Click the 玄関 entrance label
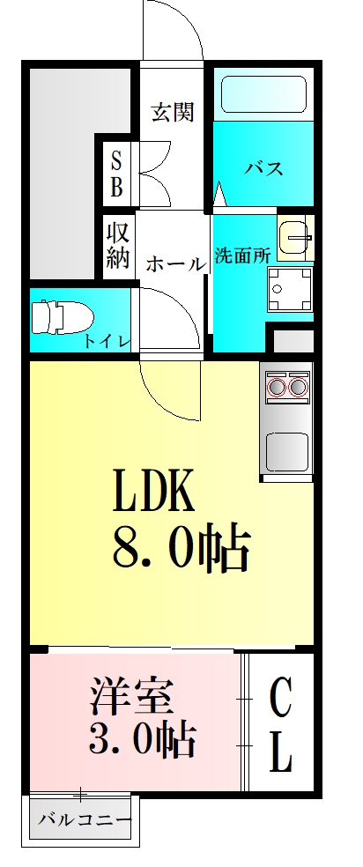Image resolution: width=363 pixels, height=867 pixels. click(x=172, y=113)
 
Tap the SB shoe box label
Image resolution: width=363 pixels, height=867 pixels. click(x=116, y=173)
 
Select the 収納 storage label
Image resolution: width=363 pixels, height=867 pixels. click(x=118, y=246)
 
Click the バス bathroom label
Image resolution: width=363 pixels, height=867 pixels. click(x=263, y=167)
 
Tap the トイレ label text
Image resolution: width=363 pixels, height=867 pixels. click(x=107, y=342)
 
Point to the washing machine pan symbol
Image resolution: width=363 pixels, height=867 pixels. click(x=291, y=288)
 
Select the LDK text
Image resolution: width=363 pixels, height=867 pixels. click(x=152, y=492)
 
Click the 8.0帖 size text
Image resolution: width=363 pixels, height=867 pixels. click(x=181, y=548)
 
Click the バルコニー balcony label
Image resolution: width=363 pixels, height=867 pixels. click(x=85, y=821)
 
